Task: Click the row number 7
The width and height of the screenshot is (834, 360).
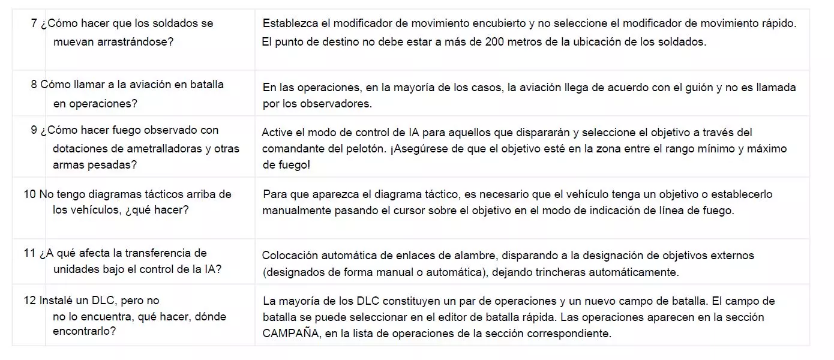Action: pyautogui.click(x=34, y=23)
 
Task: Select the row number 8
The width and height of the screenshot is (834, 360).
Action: pyautogui.click(x=34, y=85)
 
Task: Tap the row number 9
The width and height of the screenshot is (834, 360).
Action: pyautogui.click(x=34, y=130)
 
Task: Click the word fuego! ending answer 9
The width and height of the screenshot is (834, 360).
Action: pyautogui.click(x=294, y=164)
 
